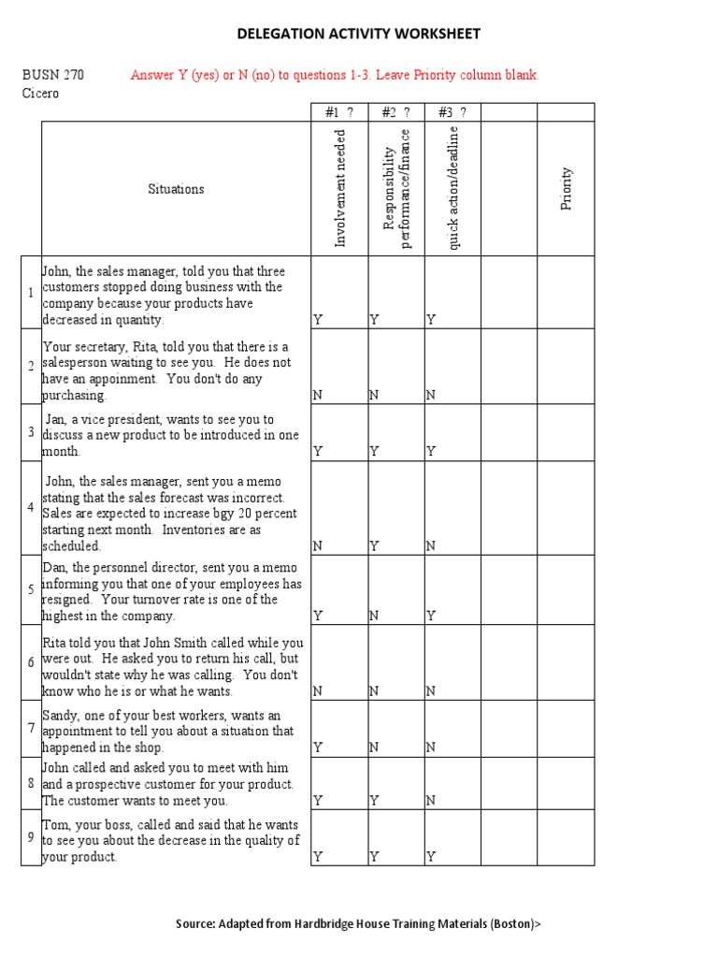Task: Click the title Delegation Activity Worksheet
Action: (x=359, y=35)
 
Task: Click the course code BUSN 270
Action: (x=53, y=75)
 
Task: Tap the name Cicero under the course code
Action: (x=40, y=94)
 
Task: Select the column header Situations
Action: (x=176, y=189)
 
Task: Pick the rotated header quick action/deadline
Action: (x=453, y=188)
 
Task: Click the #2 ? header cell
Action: (x=396, y=113)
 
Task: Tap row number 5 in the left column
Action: (x=31, y=590)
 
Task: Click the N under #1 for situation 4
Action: (x=318, y=545)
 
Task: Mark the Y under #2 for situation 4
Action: (x=374, y=545)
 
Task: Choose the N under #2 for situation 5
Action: (x=374, y=616)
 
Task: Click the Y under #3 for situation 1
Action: (x=431, y=320)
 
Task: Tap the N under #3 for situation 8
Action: (x=430, y=801)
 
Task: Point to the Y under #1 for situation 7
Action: (x=318, y=748)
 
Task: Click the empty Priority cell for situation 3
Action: (x=566, y=432)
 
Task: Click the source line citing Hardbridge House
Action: (x=358, y=923)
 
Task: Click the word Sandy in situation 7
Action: (x=62, y=715)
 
